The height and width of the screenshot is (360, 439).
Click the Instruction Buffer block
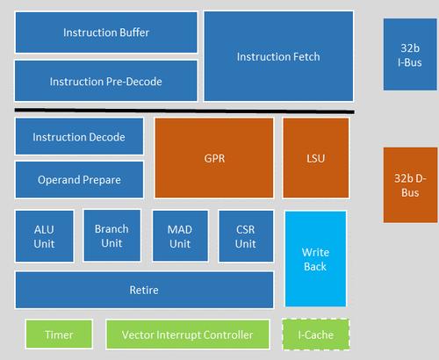tap(106, 32)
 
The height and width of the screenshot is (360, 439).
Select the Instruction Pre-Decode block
tap(106, 81)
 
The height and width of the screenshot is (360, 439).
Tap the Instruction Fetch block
tap(278, 56)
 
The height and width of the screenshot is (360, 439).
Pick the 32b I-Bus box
tap(410, 54)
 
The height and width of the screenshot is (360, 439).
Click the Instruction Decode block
tap(79, 136)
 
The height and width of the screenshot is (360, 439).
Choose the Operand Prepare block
tap(79, 180)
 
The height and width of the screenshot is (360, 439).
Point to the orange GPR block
tap(214, 158)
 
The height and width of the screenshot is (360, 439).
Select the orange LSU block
tap(316, 158)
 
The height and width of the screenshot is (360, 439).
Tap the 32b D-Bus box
tap(410, 185)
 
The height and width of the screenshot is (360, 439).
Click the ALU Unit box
tap(44, 236)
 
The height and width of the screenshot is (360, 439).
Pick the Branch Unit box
tap(112, 235)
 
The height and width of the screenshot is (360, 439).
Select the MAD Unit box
tap(180, 235)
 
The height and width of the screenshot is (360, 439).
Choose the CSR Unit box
tap(246, 236)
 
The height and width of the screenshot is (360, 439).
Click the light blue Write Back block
tap(315, 259)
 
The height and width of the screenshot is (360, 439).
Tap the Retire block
tap(144, 290)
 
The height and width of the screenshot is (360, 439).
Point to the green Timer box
tap(59, 335)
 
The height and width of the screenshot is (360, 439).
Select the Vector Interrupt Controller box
tap(188, 335)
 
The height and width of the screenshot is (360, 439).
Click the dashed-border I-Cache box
tap(316, 335)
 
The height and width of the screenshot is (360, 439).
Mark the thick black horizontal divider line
tap(184, 111)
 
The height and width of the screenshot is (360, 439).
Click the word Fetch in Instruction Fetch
tap(305, 56)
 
